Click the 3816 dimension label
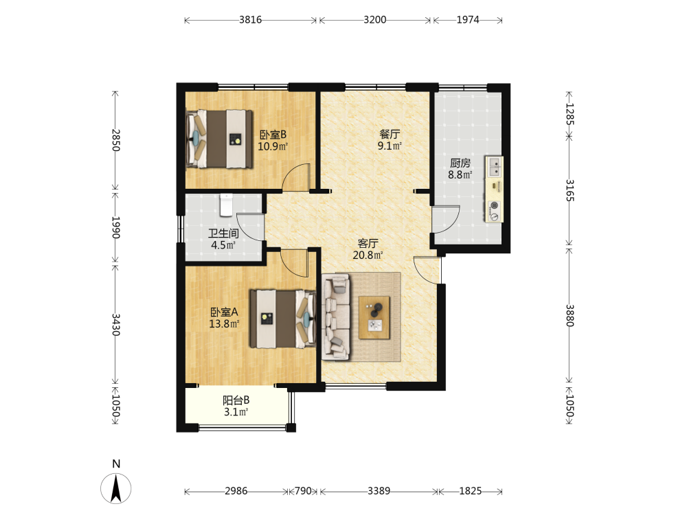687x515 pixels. click(250, 20)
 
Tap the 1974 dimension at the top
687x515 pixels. click(467, 20)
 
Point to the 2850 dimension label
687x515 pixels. click(115, 139)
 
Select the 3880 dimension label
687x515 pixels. click(569, 315)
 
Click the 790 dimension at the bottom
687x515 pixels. click(303, 491)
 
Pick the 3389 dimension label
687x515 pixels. click(379, 491)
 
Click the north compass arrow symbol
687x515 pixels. click(115, 489)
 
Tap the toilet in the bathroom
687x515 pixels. click(226, 205)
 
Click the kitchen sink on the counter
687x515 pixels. click(495, 166)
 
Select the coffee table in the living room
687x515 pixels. click(374, 317)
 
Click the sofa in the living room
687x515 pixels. click(336, 317)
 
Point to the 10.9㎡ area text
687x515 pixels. click(273, 146)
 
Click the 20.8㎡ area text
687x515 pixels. click(368, 255)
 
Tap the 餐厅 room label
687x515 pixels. click(390, 134)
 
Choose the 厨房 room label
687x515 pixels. click(460, 163)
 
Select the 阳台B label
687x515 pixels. click(236, 400)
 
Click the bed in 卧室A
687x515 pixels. click(283, 319)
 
